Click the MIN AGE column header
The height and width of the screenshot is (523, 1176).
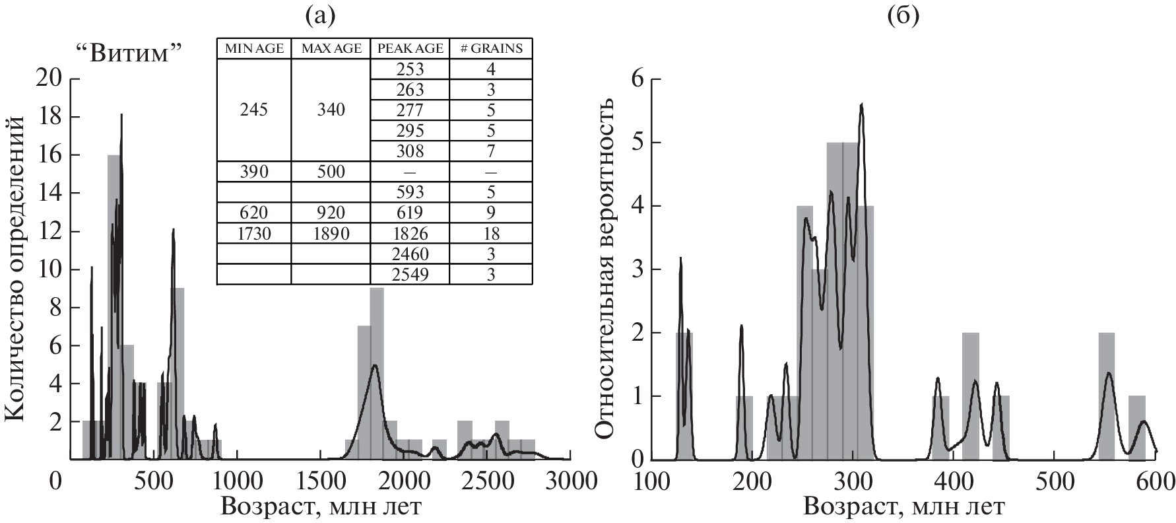(x=254, y=48)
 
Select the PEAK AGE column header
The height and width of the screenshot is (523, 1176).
(x=410, y=48)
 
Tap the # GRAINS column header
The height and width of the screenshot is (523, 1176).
(x=490, y=48)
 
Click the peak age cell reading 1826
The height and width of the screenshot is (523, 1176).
(x=410, y=234)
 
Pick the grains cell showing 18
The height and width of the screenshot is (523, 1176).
(x=490, y=234)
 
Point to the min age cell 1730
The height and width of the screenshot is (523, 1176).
(x=254, y=234)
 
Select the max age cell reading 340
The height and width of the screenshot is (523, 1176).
(x=331, y=110)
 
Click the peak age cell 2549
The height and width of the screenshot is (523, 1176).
(x=410, y=275)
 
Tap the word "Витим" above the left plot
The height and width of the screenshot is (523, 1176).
(x=136, y=53)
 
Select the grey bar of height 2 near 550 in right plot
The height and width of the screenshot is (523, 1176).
(x=1107, y=396)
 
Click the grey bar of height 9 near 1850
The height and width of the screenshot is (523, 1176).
(x=377, y=373)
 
